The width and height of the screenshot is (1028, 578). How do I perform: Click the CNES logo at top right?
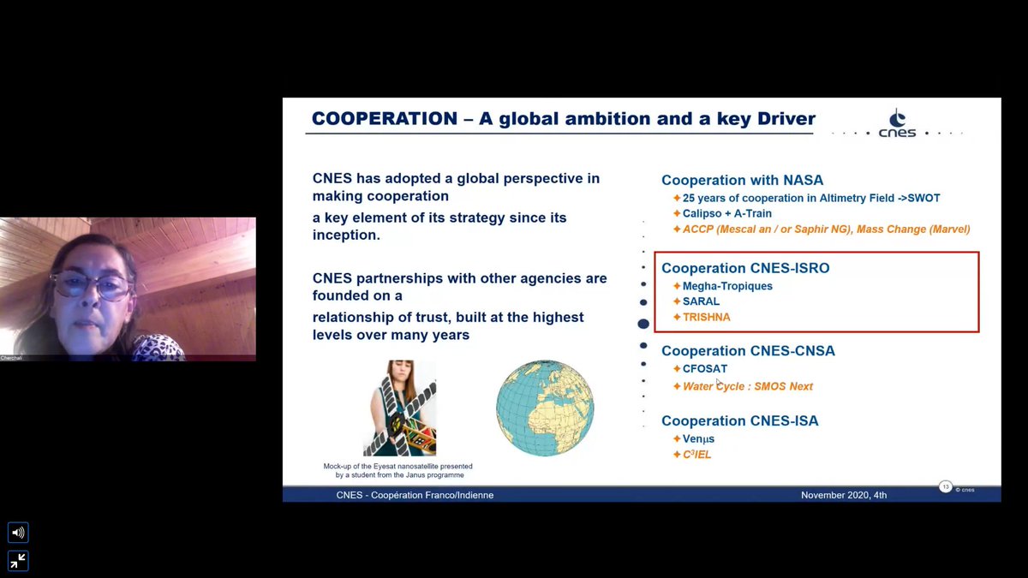point(897,124)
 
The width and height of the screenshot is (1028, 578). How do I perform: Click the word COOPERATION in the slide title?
point(384,119)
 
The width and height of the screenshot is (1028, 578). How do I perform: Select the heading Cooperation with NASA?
point(742,180)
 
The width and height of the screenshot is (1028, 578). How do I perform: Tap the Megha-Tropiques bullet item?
point(726,286)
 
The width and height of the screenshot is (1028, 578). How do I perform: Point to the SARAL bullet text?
point(701,301)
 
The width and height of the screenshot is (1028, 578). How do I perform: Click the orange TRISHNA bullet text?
point(706,317)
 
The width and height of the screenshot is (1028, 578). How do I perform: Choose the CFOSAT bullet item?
point(704,369)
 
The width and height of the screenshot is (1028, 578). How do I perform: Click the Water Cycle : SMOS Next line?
point(747,386)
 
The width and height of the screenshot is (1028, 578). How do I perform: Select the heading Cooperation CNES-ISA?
point(739,420)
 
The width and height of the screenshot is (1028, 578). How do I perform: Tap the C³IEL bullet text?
point(696,455)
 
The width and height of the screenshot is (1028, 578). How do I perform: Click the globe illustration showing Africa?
point(545,408)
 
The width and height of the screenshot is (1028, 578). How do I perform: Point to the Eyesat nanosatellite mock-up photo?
point(399,408)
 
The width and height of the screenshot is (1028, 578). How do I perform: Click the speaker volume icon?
point(18,533)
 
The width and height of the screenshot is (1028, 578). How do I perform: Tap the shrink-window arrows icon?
point(18,561)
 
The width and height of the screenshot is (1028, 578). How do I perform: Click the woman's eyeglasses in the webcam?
point(91,285)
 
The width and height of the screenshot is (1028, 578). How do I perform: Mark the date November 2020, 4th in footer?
point(844,495)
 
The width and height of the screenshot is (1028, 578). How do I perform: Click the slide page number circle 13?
point(946,487)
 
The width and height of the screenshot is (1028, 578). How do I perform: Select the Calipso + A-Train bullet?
point(726,213)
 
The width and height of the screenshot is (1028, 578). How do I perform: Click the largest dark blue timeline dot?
point(643,324)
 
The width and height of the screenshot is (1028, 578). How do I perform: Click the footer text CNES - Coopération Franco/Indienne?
point(415,495)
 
